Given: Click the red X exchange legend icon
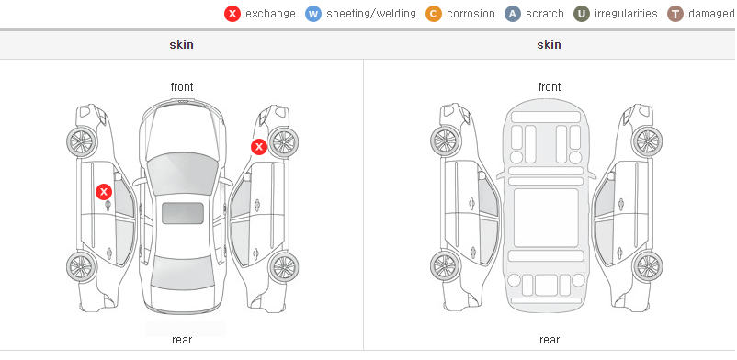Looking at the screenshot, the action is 232,14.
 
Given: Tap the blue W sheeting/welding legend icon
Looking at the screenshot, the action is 313,14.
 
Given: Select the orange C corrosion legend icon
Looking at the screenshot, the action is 434,14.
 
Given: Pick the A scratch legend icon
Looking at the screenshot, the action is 513,14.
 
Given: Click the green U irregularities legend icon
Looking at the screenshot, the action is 582,14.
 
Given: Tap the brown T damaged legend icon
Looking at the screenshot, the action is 675,14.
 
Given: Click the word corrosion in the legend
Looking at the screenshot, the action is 471,14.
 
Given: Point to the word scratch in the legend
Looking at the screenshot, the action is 545,14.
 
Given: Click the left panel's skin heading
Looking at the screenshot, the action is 181,45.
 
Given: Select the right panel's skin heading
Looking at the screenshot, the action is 549,45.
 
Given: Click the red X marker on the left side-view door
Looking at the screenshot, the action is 104,192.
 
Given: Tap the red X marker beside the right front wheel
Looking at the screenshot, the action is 259,147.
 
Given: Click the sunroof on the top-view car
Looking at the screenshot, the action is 183,213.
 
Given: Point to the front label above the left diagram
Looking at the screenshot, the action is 182,87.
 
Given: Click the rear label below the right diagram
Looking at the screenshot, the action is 550,339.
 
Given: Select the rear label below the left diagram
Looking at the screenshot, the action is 182,339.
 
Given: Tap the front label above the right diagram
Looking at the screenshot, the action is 550,87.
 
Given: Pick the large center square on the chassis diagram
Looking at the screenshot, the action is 546,218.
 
